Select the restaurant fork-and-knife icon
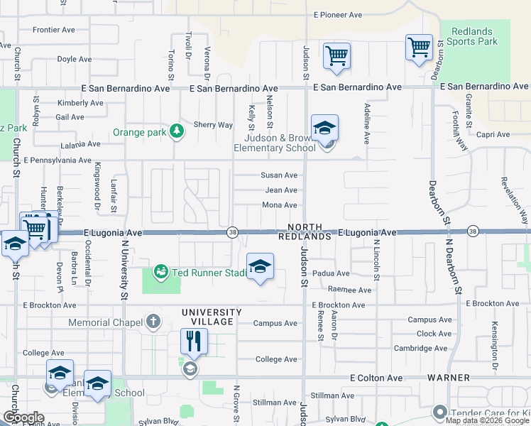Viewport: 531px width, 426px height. [x=192, y=341]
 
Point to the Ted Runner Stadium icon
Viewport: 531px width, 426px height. [x=161, y=272]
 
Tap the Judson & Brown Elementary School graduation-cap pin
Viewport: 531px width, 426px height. [x=324, y=129]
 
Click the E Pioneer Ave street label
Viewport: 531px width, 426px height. [x=338, y=14]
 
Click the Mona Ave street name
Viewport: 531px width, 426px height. [x=280, y=205]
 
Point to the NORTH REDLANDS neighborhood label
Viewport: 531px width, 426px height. [x=309, y=232]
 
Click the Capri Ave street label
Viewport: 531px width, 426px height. [x=493, y=134]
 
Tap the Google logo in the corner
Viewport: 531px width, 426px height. [x=23, y=417]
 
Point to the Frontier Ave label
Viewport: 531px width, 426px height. [x=53, y=30]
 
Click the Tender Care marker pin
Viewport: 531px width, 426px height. [x=440, y=412]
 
